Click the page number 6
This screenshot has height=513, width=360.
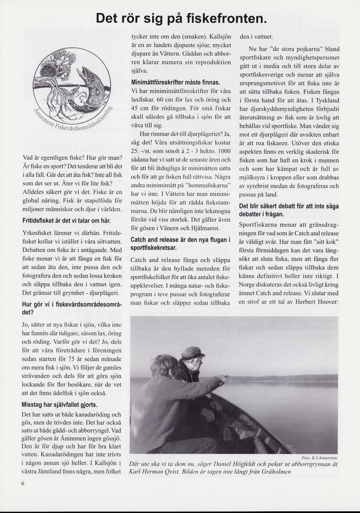(23, 483)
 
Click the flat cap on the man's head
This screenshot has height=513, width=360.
(193, 352)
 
